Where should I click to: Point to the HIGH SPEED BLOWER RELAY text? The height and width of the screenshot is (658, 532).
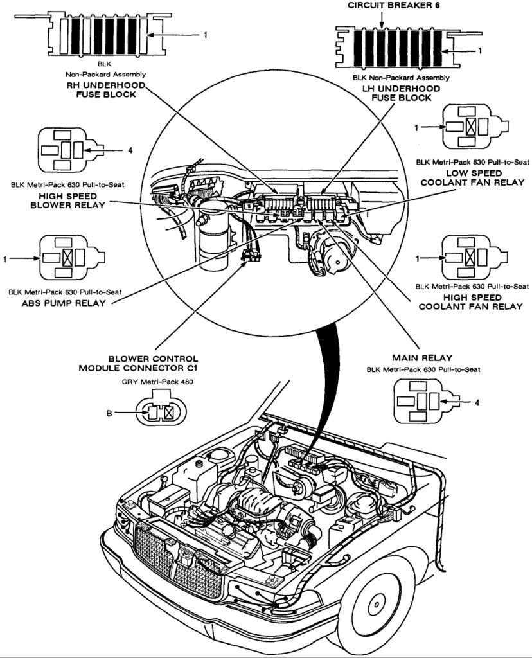[64, 200]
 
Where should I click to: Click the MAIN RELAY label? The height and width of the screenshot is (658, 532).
[422, 357]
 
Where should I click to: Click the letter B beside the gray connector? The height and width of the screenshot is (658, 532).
[109, 414]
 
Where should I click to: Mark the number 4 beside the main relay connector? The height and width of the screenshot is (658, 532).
[477, 403]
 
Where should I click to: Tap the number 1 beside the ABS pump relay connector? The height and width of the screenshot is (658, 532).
[5, 260]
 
